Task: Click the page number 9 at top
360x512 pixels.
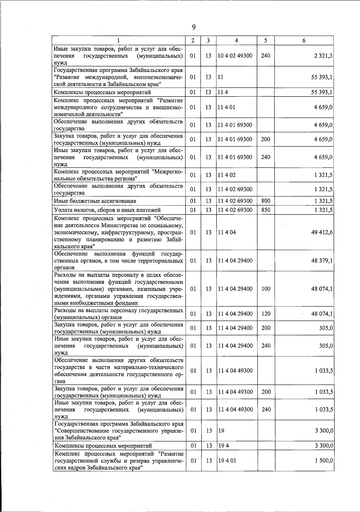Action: coord(193,27)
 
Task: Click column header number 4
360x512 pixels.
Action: coord(237,40)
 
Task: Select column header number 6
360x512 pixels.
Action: coord(304,40)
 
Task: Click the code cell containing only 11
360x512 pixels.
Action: coord(221,77)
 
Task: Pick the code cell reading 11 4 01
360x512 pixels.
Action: coord(226,107)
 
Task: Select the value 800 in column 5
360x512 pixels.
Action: coord(265,201)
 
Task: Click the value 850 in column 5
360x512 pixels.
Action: coord(265,210)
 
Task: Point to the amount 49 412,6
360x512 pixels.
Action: coord(322,232)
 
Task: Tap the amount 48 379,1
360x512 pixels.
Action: coord(322,261)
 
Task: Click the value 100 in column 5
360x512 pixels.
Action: coord(266,289)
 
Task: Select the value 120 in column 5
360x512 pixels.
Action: coord(266,314)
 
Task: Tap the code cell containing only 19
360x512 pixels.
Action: coord(221,431)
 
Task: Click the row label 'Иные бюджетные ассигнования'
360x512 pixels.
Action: coord(95,201)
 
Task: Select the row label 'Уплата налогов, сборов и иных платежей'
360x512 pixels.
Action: coord(107,210)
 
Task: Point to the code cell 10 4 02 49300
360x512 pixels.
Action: coord(235,56)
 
